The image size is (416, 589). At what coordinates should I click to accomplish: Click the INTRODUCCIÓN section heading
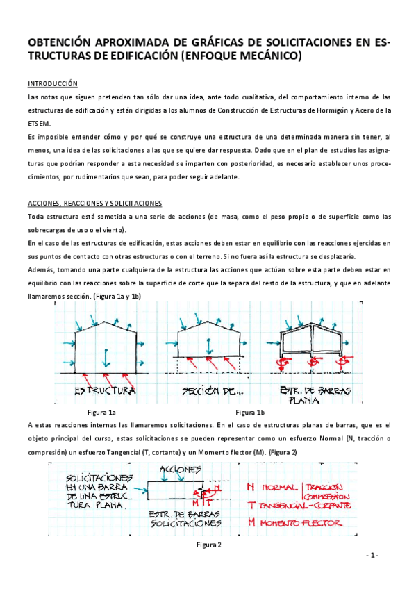[x=53, y=83]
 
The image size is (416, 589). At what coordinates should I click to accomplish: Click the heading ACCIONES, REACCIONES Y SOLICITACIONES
[x=95, y=203]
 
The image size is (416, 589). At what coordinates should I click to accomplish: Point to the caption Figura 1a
[x=101, y=413]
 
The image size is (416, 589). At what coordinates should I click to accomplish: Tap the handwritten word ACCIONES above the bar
[x=180, y=470]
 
